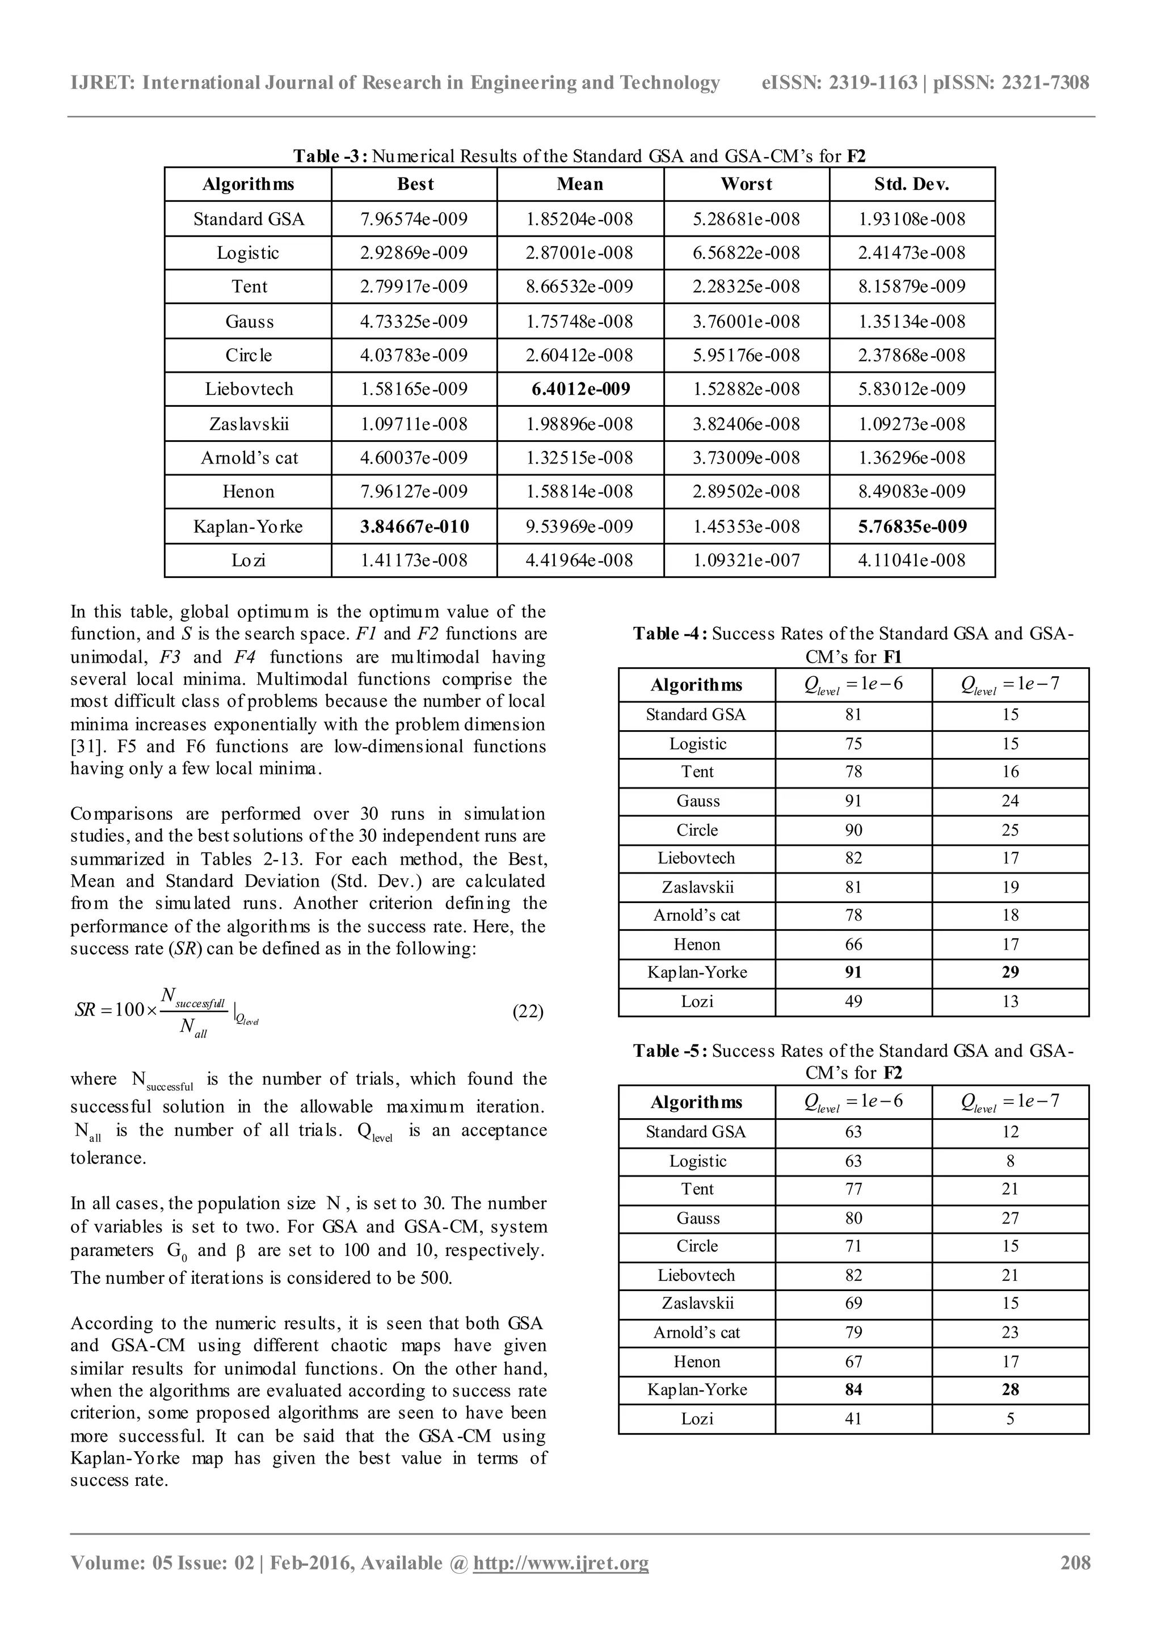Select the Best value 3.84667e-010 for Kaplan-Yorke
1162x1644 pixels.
tap(415, 527)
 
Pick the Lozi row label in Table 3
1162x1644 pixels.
tap(249, 560)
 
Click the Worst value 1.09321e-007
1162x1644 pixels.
tap(746, 560)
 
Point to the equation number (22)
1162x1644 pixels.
tap(528, 1011)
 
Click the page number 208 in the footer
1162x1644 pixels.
tap(1075, 1562)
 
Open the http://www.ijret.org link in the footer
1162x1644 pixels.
tap(561, 1562)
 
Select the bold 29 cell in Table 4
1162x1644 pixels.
tap(1009, 972)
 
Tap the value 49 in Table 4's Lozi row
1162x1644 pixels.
tap(853, 1001)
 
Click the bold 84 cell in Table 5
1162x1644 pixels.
tap(853, 1390)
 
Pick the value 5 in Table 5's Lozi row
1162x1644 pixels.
tap(1009, 1418)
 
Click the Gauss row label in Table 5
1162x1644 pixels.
tap(697, 1218)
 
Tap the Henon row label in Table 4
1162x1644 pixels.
tap(697, 945)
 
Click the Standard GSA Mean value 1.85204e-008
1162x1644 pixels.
tap(580, 219)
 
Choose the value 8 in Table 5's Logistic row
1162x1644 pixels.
tap(1009, 1161)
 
